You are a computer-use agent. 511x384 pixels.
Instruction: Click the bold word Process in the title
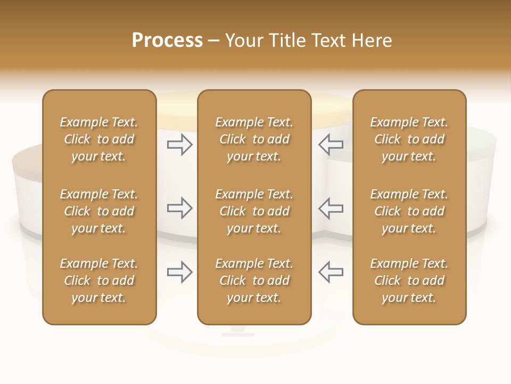[167, 41]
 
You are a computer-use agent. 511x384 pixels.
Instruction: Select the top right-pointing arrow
[180, 145]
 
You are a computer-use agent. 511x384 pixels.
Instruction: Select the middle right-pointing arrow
[180, 208]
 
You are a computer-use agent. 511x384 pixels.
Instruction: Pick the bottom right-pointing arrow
[180, 272]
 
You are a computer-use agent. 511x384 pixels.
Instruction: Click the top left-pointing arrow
[331, 145]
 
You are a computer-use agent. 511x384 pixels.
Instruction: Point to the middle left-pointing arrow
[331, 208]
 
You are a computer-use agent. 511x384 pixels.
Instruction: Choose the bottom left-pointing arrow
[331, 272]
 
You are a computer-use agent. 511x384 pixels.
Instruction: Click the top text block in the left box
[99, 139]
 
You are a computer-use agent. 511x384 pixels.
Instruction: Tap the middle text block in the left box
[99, 211]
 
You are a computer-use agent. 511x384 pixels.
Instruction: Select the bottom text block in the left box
[99, 281]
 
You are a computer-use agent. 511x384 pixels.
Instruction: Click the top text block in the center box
[254, 139]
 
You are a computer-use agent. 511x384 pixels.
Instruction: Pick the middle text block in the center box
[254, 211]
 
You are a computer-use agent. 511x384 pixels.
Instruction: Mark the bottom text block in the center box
[254, 281]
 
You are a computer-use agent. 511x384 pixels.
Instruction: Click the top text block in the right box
[409, 139]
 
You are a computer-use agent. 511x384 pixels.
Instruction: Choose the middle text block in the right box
[409, 211]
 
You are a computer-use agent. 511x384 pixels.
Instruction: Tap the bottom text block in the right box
[409, 281]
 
